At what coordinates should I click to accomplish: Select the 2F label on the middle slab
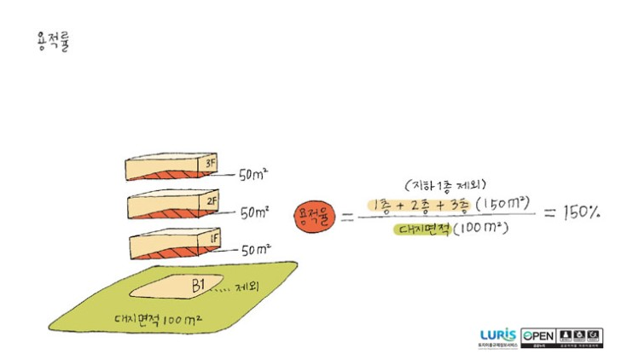(x=212, y=202)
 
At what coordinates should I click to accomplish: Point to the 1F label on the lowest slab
(x=213, y=241)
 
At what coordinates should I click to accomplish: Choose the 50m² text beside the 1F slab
(x=256, y=251)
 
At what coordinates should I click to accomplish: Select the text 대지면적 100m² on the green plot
(x=159, y=320)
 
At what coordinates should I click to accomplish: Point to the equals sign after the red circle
(x=347, y=218)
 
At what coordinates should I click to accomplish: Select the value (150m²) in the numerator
(x=504, y=205)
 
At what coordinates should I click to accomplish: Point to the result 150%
(x=581, y=212)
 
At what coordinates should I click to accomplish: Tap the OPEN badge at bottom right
(x=540, y=335)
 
